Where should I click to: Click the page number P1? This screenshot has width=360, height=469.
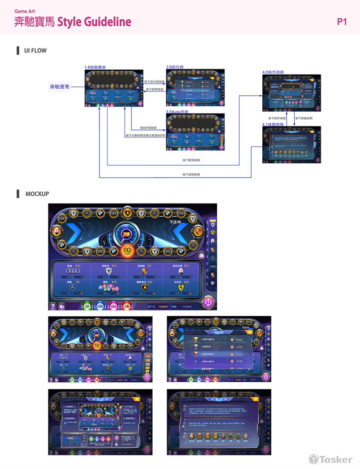pyautogui.click(x=342, y=22)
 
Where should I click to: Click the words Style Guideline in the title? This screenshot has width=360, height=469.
pyautogui.click(x=94, y=22)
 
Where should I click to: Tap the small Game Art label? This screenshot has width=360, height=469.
pyautogui.click(x=24, y=11)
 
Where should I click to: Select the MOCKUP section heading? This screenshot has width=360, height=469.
pyautogui.click(x=37, y=194)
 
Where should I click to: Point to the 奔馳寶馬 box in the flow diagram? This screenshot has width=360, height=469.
pyautogui.click(x=60, y=87)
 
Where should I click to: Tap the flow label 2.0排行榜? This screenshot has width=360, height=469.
pyautogui.click(x=175, y=67)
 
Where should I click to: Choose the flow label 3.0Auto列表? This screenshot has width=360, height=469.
pyautogui.click(x=177, y=112)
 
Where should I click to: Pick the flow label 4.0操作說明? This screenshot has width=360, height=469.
pyautogui.click(x=273, y=72)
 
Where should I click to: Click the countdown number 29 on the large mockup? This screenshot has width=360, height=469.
pyautogui.click(x=126, y=234)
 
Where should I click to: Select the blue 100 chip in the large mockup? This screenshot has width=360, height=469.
pyautogui.click(x=100, y=307)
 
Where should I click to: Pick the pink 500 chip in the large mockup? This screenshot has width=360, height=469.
pyautogui.click(x=113, y=307)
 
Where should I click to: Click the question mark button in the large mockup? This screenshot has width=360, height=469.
pyautogui.click(x=53, y=306)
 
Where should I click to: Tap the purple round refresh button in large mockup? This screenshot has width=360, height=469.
pyautogui.click(x=208, y=303)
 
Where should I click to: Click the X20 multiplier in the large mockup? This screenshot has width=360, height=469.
pyautogui.click(x=186, y=282)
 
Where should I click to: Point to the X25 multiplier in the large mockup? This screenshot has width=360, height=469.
pyautogui.click(x=150, y=282)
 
